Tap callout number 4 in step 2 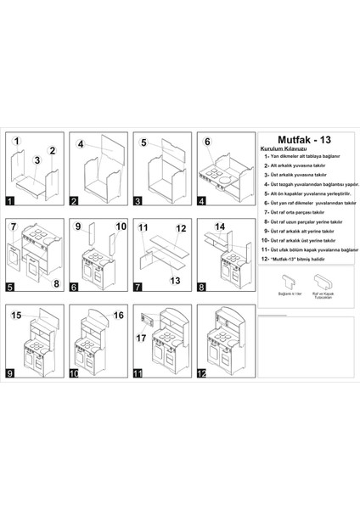(82, 145)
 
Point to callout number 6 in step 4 (207, 142)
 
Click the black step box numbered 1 (8, 202)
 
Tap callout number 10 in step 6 (121, 227)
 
